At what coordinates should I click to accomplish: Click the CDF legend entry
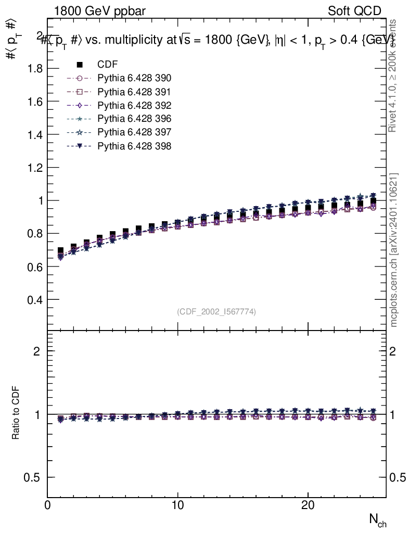[x=107, y=65]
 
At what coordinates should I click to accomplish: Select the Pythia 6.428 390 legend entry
[x=134, y=78]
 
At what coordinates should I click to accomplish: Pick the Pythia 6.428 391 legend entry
[x=134, y=92]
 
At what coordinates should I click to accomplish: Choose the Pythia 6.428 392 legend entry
[x=134, y=105]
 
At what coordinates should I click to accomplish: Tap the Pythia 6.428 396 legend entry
[x=134, y=119]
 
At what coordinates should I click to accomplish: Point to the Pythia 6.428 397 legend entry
[x=134, y=132]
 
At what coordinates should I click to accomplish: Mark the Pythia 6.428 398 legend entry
[x=134, y=146]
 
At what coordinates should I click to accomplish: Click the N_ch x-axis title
[x=378, y=519]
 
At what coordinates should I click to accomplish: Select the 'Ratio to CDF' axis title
[x=16, y=414]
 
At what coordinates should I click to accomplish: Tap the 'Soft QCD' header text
[x=355, y=11]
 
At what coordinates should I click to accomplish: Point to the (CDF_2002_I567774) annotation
[x=216, y=311]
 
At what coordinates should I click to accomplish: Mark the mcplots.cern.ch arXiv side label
[x=394, y=250]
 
